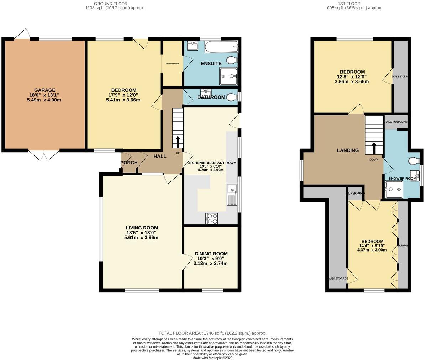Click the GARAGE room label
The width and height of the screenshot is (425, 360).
[44, 90]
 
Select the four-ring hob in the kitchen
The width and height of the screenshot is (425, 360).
[211, 218]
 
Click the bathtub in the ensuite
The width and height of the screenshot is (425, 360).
[217, 46]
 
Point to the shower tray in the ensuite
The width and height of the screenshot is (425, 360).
[228, 76]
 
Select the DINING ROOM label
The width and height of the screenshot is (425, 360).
[211, 254]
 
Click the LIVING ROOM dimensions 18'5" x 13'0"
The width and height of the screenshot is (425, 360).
[142, 233]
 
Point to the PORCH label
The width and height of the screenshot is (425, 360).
[129, 163]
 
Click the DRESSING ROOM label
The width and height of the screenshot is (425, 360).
[172, 63]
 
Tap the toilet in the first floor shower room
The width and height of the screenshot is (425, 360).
[414, 161]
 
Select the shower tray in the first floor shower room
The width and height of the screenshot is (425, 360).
[393, 189]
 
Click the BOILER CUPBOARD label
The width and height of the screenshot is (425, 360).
[395, 122]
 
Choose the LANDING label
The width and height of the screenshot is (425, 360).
[348, 150]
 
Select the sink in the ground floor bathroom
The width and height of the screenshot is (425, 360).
[206, 93]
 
